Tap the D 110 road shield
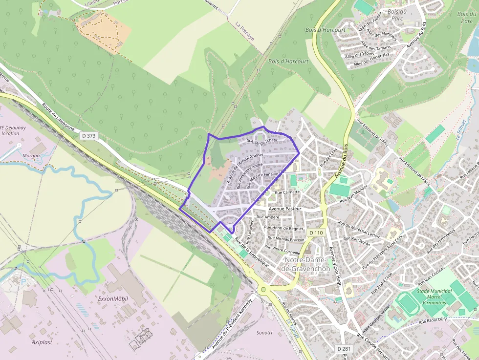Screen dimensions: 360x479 pyautogui.click(x=316, y=233)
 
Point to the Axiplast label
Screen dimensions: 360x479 pyautogui.click(x=42, y=342)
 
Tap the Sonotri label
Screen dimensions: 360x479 pyautogui.click(x=264, y=333)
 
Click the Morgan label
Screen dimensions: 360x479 pyautogui.click(x=31, y=156)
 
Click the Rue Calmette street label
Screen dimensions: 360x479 pyautogui.click(x=287, y=192)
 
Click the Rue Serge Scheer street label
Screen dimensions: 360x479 pyautogui.click(x=262, y=141)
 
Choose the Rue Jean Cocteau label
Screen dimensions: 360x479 pyautogui.click(x=432, y=276)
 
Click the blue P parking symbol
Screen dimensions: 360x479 pyautogui.click(x=22, y=282)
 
